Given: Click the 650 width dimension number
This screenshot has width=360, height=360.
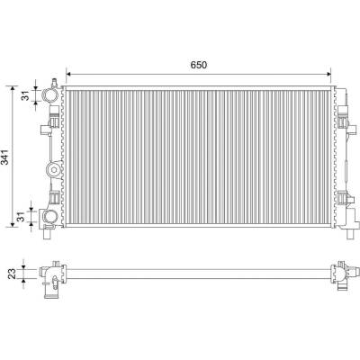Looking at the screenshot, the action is click(198, 65).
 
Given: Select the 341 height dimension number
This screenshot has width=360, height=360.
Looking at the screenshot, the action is click(4, 157).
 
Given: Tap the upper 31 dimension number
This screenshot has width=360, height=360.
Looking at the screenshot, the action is click(26, 95).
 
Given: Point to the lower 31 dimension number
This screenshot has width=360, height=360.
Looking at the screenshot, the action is click(21, 217).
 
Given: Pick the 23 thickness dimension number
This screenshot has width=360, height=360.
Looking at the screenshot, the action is click(12, 274).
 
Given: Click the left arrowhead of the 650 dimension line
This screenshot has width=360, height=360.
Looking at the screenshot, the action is click(68, 74).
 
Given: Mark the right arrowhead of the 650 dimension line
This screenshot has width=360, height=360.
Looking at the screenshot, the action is click(328, 74).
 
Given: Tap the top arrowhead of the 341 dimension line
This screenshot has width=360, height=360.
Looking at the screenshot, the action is click(13, 88).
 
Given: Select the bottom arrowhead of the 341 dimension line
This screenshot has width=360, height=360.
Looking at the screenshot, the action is click(13, 225).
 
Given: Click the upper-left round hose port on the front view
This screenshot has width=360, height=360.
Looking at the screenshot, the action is click(49, 95).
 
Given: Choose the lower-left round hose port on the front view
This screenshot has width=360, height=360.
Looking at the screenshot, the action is click(49, 216).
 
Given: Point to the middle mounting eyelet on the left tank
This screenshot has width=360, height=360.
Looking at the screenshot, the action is click(54, 170).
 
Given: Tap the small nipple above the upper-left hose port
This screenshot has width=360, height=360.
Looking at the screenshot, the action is click(54, 83).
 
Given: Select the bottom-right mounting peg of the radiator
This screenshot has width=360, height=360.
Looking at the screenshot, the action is click(350, 234).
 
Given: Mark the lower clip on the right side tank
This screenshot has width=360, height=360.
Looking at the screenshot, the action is click(343, 199).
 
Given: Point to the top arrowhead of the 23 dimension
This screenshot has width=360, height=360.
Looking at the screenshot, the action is click(24, 267).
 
